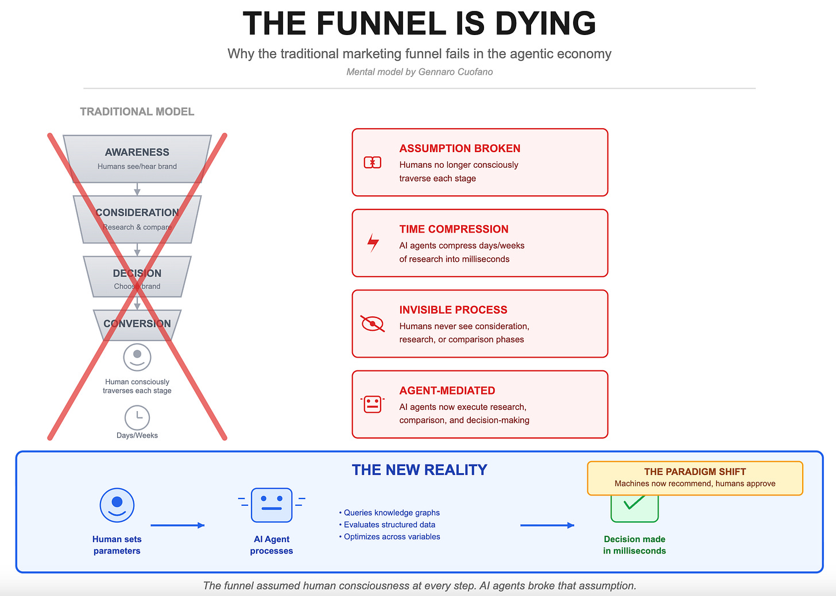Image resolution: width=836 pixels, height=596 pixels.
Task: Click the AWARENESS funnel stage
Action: (x=137, y=158)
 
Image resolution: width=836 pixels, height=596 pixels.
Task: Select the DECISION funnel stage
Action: (x=137, y=277)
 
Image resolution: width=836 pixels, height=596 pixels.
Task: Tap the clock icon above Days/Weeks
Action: (x=137, y=417)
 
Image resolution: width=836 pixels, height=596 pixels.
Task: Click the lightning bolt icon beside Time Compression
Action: (x=373, y=243)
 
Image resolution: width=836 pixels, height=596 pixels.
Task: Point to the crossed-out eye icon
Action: (x=373, y=324)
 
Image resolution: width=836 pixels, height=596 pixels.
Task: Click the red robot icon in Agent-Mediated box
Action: (x=373, y=404)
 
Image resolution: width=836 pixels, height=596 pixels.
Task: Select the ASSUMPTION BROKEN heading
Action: (x=460, y=148)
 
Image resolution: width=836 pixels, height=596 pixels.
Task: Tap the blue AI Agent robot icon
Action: (x=272, y=505)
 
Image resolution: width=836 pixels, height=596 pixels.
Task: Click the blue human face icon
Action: (x=117, y=505)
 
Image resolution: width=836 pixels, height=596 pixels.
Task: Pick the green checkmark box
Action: (x=634, y=509)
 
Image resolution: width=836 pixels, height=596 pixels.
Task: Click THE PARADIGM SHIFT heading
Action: (x=695, y=471)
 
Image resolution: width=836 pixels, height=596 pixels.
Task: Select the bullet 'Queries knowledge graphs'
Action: (x=391, y=513)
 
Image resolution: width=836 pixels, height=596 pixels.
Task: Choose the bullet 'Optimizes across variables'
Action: (x=392, y=537)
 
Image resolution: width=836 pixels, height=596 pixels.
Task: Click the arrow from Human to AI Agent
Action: (x=177, y=525)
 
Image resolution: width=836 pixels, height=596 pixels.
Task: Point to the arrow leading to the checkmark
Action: (x=547, y=525)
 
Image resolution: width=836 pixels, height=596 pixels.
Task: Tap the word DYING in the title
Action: (x=545, y=24)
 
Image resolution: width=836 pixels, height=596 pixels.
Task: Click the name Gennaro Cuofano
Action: (x=455, y=72)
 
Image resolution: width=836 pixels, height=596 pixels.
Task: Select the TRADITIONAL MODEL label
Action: (x=137, y=111)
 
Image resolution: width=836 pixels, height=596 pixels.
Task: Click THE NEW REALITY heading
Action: (x=419, y=470)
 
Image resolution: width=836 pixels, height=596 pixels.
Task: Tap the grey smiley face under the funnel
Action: (x=137, y=357)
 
